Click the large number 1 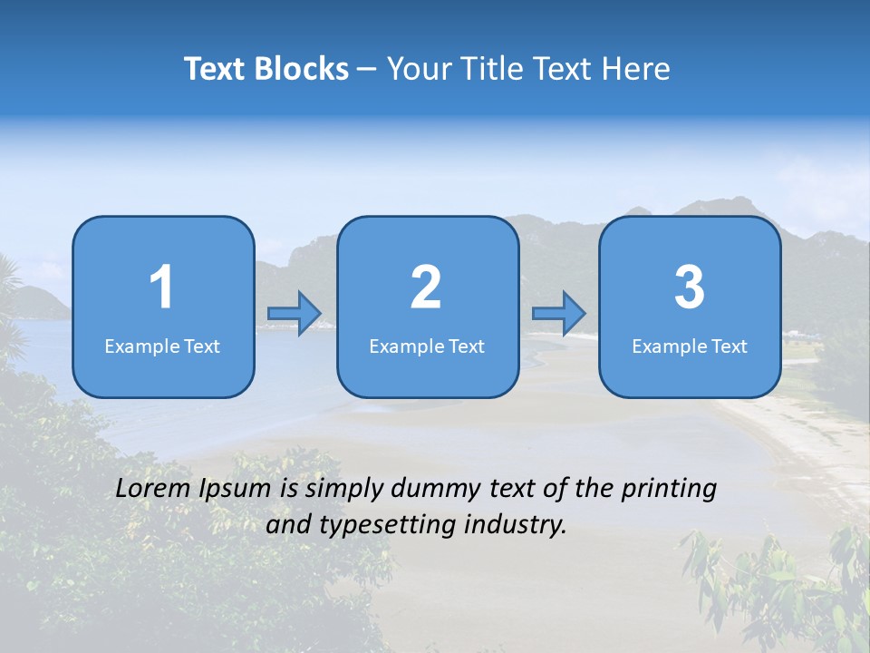[161, 288]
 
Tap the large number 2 [426, 288]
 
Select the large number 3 [690, 288]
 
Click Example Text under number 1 [162, 346]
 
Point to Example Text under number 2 [427, 346]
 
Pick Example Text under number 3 [690, 346]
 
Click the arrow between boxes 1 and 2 [295, 314]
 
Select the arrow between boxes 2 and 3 [559, 314]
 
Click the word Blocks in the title [303, 69]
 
